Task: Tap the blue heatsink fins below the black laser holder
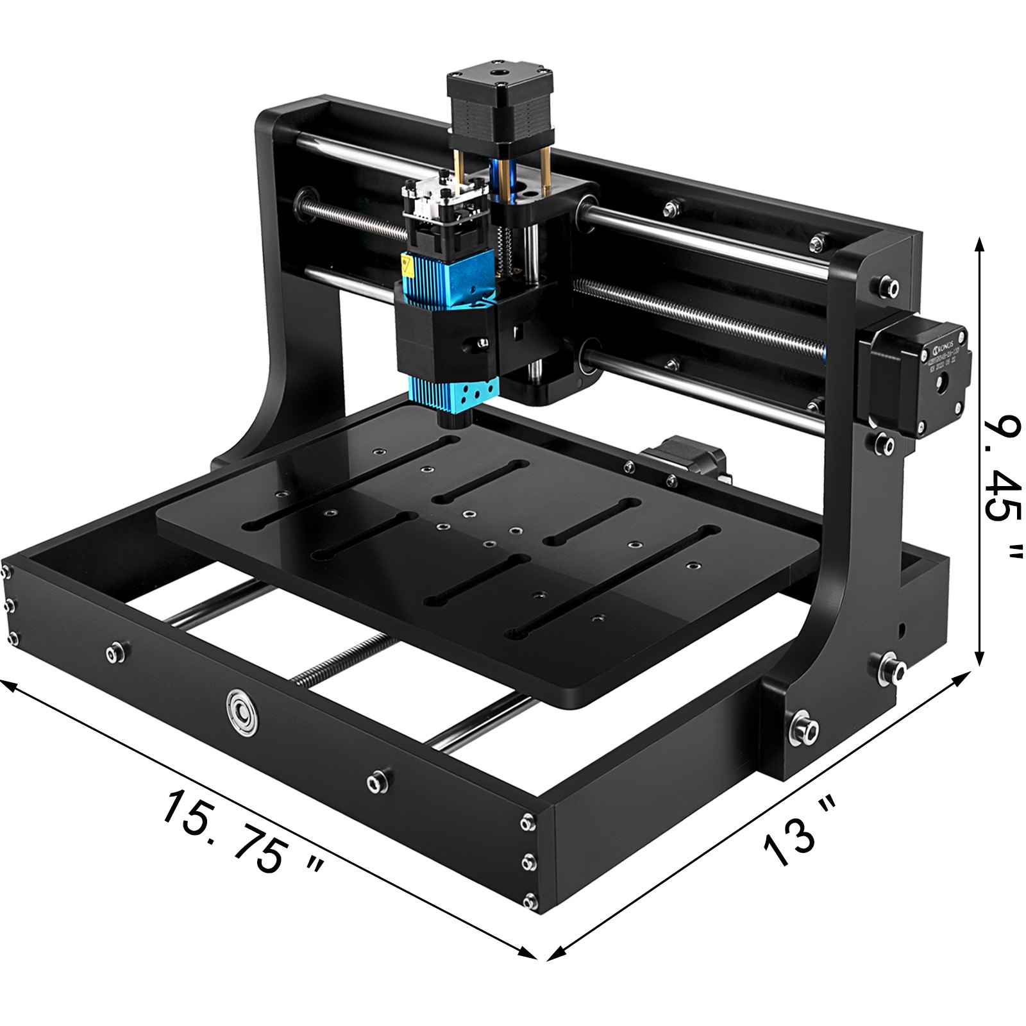click(x=454, y=391)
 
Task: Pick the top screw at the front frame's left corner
click(x=6, y=572)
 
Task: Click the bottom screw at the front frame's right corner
click(x=529, y=901)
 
